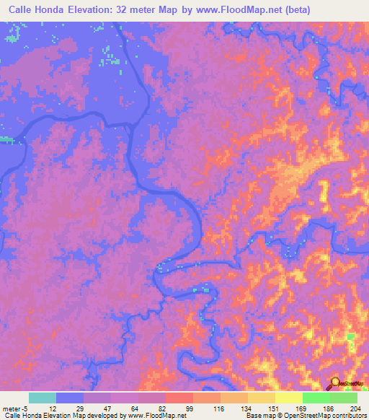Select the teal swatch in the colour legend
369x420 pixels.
point(43,398)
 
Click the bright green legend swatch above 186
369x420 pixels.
point(316,398)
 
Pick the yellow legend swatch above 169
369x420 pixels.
point(289,398)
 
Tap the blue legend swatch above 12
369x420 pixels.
point(70,398)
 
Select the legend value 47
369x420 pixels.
point(110,408)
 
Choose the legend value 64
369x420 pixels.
point(137,408)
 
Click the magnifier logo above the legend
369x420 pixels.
point(334,383)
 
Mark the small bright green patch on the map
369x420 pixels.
point(351,337)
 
